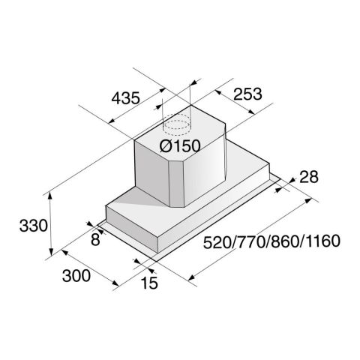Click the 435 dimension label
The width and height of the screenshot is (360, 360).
(125, 98)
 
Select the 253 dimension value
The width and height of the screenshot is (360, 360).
(247, 94)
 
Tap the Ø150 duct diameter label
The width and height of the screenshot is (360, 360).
(180, 145)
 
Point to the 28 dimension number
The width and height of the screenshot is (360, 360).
(309, 177)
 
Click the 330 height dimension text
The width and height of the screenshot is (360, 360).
(34, 226)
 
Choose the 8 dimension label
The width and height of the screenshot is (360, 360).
(95, 239)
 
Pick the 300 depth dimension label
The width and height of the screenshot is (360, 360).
(76, 276)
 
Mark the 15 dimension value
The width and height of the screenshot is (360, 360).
(149, 283)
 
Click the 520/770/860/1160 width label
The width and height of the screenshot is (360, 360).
(271, 241)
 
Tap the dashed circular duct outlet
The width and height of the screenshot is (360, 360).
(176, 124)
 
